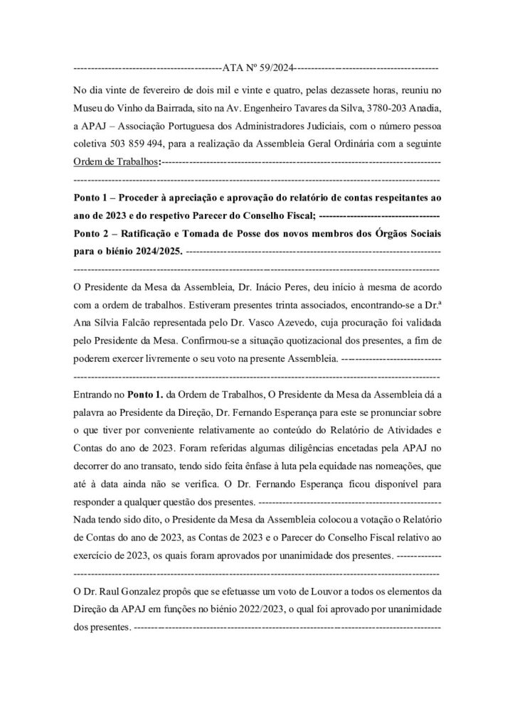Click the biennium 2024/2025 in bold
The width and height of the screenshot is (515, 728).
(x=151, y=250)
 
